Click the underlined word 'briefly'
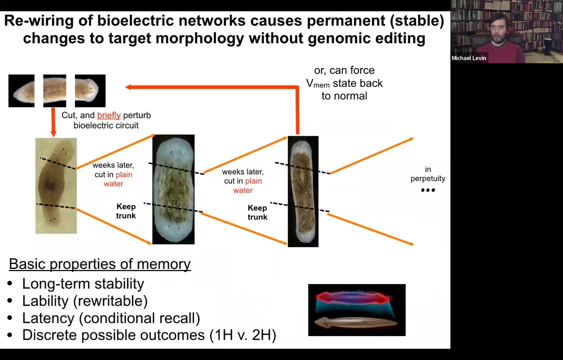point(108,115)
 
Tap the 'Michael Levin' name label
point(468,58)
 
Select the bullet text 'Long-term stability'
point(83,284)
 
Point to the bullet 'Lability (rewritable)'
point(84,301)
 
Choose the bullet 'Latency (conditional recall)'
point(110,318)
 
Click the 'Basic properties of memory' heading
point(99,264)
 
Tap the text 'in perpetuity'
point(427,174)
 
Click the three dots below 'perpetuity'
point(428,190)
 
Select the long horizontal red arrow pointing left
point(210,87)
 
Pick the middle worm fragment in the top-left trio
point(54,90)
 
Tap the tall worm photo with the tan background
point(56,186)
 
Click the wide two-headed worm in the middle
point(173,189)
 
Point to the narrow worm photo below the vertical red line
point(303,191)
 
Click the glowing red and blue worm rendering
point(356,309)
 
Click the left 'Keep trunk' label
point(125,211)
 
